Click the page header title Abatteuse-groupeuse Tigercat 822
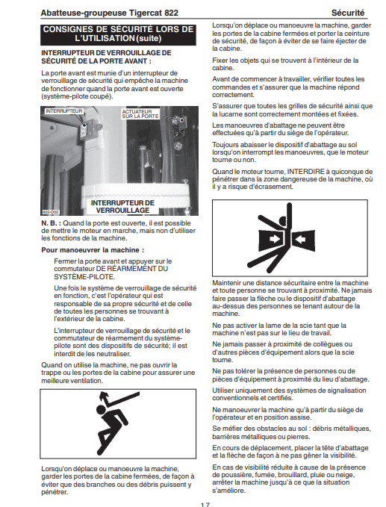point(109,13)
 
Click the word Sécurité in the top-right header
point(347,13)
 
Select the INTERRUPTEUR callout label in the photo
point(64,111)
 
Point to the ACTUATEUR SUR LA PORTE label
point(140,113)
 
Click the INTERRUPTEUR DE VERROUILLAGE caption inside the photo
point(122,206)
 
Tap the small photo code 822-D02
point(51,212)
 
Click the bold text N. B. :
point(51,223)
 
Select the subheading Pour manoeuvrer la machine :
point(93,250)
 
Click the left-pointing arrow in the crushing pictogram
point(299,240)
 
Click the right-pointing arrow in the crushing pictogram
point(274,240)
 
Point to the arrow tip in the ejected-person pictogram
point(103,396)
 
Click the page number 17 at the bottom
point(205,505)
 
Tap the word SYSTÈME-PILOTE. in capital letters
point(84,277)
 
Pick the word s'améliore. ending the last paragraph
point(229,490)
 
